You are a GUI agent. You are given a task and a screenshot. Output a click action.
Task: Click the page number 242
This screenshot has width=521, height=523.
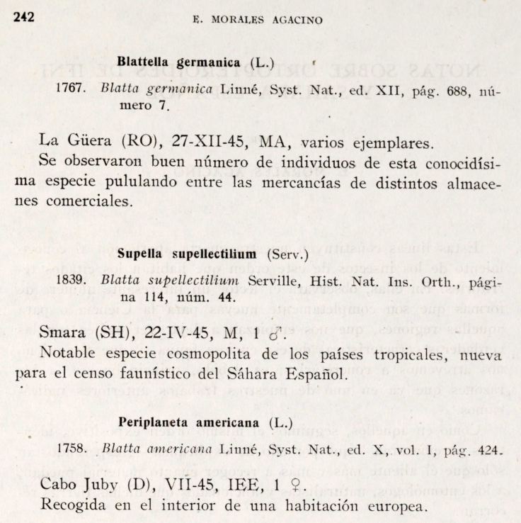coord(25,17)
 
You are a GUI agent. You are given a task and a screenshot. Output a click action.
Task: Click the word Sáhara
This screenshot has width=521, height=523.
coord(263,371)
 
